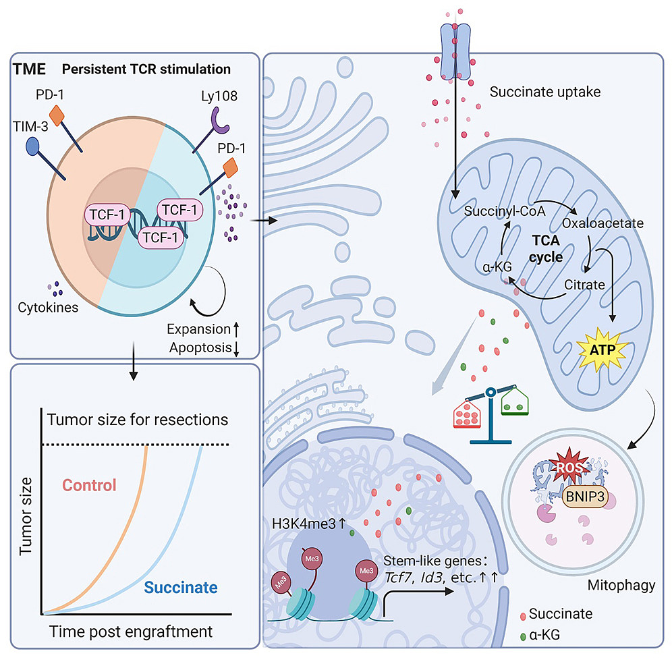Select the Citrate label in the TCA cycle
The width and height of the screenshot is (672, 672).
[x=584, y=285]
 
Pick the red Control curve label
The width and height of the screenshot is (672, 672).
[x=90, y=484]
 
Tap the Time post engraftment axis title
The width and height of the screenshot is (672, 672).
[x=130, y=632]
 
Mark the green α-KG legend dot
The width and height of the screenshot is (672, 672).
[x=524, y=635]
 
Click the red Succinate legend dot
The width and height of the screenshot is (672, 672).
[x=524, y=615]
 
